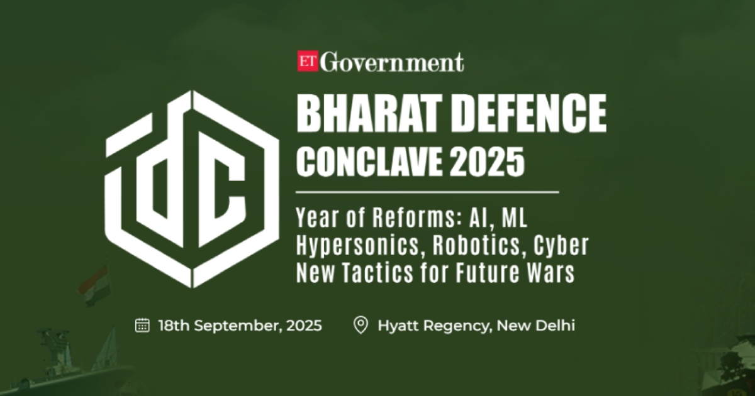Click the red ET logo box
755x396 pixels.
[308, 62]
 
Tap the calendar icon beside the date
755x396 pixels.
[143, 325]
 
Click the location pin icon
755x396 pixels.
[361, 326]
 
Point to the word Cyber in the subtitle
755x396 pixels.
[561, 246]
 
